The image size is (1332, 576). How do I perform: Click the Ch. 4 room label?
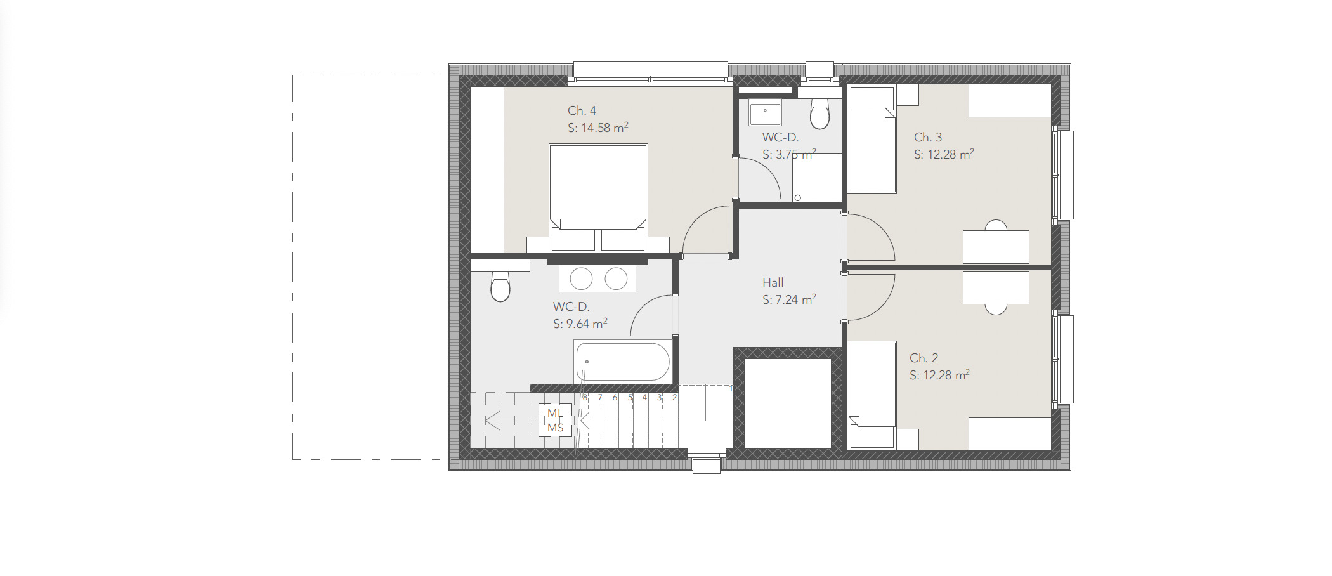(582, 110)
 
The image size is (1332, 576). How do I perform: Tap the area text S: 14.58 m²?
(598, 128)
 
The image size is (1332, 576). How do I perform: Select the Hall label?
(773, 282)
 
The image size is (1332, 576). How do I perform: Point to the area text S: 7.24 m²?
(789, 299)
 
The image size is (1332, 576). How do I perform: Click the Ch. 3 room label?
(928, 137)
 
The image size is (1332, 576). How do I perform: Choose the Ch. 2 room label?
(924, 358)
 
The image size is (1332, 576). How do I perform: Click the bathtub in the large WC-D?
(622, 362)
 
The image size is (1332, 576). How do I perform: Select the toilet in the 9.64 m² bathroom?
(500, 286)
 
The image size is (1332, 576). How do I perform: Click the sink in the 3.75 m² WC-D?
(765, 114)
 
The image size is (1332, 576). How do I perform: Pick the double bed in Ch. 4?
(598, 197)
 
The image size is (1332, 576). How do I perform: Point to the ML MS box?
(555, 421)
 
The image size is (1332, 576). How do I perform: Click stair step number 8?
(585, 398)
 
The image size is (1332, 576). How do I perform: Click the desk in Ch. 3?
(996, 246)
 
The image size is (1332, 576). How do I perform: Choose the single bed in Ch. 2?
(872, 395)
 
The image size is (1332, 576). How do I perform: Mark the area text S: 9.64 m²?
(580, 324)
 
